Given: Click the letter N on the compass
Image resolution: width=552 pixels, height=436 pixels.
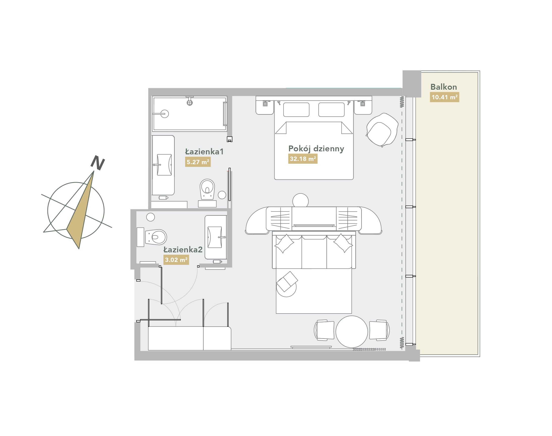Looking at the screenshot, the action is click(98, 162).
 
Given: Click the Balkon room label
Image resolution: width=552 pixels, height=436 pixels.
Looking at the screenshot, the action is click(443, 87).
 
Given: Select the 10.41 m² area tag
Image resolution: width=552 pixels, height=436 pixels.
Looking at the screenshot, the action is click(445, 97).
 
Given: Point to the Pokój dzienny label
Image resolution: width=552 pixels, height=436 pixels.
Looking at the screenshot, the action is click(316, 149).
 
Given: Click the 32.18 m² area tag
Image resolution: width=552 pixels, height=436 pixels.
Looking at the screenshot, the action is click(303, 159).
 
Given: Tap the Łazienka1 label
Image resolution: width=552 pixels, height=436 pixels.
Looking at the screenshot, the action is click(204, 152).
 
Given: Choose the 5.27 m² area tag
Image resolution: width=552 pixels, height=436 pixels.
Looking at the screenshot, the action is click(198, 162).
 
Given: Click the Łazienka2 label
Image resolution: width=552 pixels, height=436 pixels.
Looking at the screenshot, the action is click(183, 249).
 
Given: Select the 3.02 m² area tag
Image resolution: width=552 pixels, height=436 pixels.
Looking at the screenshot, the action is click(176, 260).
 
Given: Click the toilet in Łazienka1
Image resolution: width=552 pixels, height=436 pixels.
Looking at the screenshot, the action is click(207, 189).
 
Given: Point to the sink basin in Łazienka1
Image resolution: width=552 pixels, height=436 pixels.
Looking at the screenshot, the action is click(164, 165).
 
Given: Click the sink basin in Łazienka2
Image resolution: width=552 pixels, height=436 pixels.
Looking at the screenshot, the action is click(215, 237).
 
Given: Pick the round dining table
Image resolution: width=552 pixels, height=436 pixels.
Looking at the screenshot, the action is click(352, 332).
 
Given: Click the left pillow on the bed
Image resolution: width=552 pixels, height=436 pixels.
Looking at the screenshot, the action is click(296, 110).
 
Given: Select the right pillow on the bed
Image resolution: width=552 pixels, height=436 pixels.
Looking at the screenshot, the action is click(332, 110).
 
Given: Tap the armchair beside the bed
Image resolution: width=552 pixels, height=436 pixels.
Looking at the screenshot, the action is click(382, 130).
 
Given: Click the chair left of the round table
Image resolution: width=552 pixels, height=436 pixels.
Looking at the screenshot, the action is click(324, 330).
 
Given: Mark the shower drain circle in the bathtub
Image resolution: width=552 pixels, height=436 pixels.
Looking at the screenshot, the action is click(165, 114).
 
